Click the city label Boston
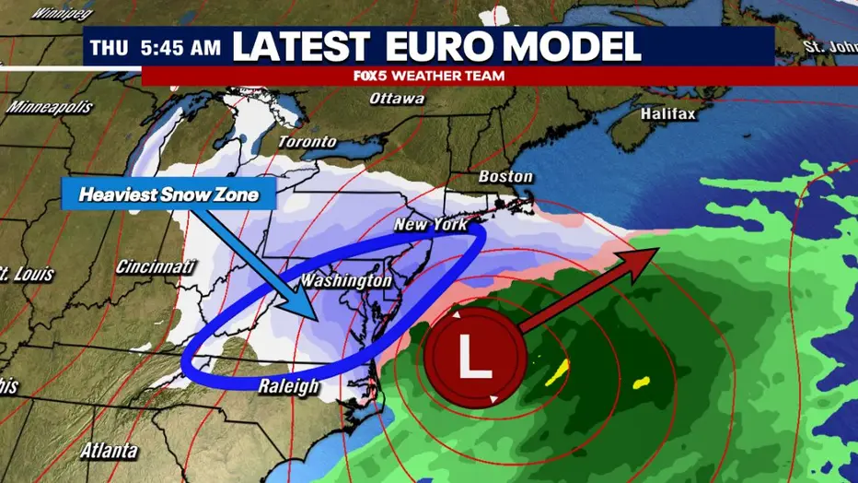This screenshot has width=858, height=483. pyautogui.click(x=505, y=176)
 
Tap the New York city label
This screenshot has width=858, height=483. pyautogui.click(x=431, y=225)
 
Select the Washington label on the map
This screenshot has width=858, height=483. pyautogui.click(x=346, y=279)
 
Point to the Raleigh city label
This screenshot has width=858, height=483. pyautogui.click(x=289, y=385)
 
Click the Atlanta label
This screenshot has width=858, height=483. pyautogui.click(x=108, y=452)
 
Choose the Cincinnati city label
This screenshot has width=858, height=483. pyautogui.click(x=157, y=267)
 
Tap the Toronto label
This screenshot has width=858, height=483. pyautogui.click(x=307, y=142)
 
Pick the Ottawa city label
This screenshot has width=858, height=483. pyautogui.click(x=397, y=99)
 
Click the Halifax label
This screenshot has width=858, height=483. pyautogui.click(x=667, y=113)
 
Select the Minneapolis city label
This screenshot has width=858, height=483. pyautogui.click(x=51, y=107)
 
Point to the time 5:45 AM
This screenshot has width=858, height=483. pyautogui.click(x=180, y=47)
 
